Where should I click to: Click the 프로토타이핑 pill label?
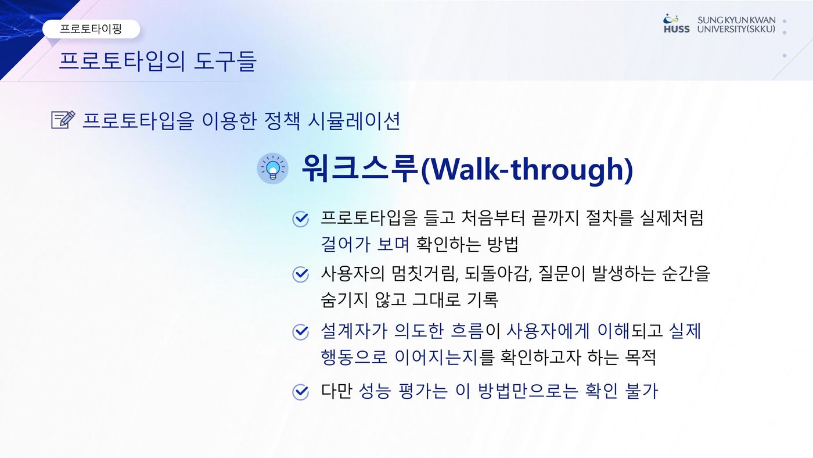(x=91, y=28)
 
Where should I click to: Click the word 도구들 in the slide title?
(x=225, y=61)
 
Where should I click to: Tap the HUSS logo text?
(x=677, y=30)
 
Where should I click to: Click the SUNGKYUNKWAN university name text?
(x=736, y=20)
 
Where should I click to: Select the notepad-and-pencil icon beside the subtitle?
(x=63, y=120)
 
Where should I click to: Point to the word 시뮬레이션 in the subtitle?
(x=354, y=121)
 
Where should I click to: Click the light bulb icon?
(x=272, y=169)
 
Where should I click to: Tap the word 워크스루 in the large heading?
(x=359, y=169)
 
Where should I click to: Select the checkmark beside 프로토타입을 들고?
(x=301, y=219)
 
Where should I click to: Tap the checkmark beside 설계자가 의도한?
(x=301, y=332)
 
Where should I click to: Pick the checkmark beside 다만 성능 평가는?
(x=301, y=392)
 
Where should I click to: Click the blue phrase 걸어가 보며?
(x=365, y=244)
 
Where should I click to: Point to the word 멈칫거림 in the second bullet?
(x=424, y=274)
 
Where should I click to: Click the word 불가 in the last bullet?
(x=641, y=392)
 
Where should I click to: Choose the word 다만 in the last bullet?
(x=336, y=392)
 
